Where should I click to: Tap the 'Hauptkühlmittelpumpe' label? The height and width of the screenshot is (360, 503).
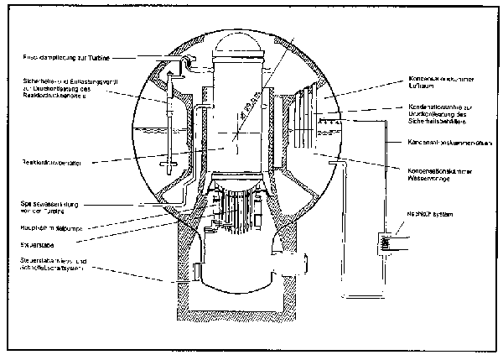49,227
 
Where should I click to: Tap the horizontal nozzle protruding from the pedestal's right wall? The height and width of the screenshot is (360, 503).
290,269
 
